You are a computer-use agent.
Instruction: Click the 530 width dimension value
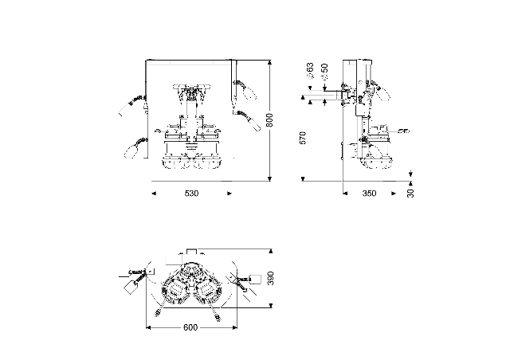191,194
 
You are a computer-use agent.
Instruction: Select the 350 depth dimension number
369,194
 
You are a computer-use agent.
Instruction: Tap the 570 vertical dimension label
303,138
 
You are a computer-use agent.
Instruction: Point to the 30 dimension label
410,194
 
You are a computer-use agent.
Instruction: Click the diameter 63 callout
310,71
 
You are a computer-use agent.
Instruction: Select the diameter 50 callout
324,72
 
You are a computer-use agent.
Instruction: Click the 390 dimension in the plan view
271,278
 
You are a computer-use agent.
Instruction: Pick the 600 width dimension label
190,327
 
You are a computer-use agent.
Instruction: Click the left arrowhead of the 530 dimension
154,194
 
